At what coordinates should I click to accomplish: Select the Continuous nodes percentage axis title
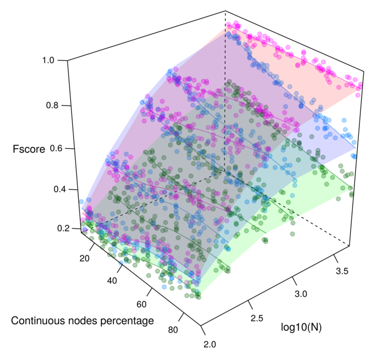[x=83, y=321]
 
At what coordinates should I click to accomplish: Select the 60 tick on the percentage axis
[x=142, y=304]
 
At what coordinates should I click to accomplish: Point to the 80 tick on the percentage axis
[x=173, y=329]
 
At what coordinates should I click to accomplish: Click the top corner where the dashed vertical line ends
[x=225, y=10]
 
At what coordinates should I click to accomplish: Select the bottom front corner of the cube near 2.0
[x=201, y=325]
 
